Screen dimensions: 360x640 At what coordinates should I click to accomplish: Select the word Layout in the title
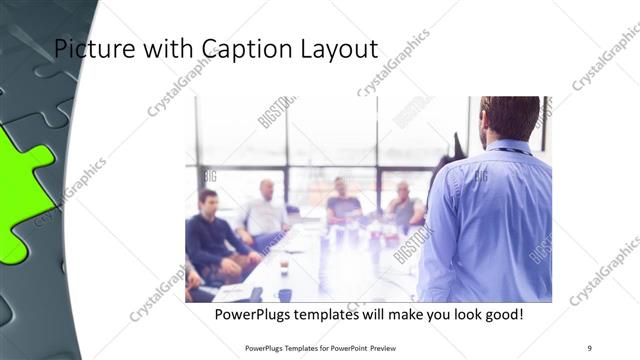pyautogui.click(x=335, y=49)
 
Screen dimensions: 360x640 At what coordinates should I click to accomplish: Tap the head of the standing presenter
pyautogui.click(x=509, y=118)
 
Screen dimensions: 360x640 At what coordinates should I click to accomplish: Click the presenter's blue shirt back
pyautogui.click(x=490, y=220)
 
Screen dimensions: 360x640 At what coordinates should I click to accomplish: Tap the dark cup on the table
pyautogui.click(x=285, y=294)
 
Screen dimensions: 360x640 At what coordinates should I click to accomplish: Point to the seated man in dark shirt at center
pyautogui.click(x=343, y=204)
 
